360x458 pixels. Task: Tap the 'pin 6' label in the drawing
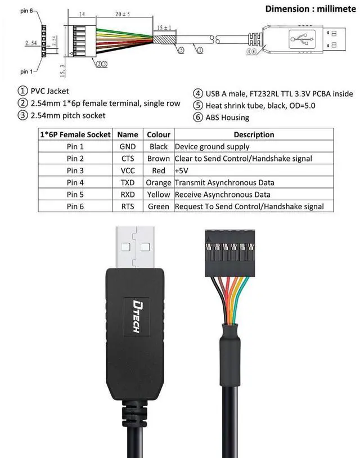tap(11, 11)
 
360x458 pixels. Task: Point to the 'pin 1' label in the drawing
tap(11, 71)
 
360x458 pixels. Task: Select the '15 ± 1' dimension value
tap(165, 28)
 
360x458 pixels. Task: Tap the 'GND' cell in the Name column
tap(128, 147)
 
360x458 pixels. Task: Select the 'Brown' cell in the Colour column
tap(158, 159)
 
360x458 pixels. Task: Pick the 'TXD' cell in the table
tap(128, 182)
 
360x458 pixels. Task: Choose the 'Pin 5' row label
tap(75, 194)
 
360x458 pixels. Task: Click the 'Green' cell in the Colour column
tap(158, 206)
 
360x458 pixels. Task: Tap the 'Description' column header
tap(253, 134)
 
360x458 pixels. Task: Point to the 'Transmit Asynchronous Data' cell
tap(224, 182)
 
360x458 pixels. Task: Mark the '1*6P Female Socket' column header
tap(75, 134)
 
